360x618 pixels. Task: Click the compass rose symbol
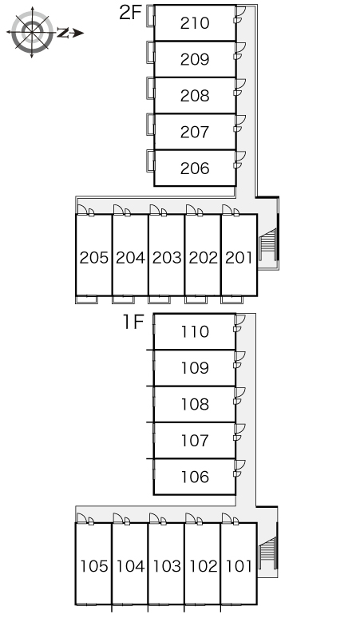[32, 32]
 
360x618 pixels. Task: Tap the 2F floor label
[130, 13]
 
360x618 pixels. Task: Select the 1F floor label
[133, 322]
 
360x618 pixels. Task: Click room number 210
[195, 23]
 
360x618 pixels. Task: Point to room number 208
[195, 95]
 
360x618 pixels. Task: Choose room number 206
[195, 168]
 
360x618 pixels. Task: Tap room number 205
[93, 258]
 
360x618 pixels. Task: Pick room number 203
[167, 258]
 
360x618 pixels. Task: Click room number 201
[239, 258]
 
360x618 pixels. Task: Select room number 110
[195, 331]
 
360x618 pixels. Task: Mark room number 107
[195, 440]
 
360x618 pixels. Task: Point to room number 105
[93, 566]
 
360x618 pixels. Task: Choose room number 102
[204, 566]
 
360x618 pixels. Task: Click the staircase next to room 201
[267, 245]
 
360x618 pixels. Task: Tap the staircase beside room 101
[267, 553]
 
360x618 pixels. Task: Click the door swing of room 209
[240, 47]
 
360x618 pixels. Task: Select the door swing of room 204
[118, 210]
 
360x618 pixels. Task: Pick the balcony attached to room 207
[150, 124]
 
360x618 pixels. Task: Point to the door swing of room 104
[118, 518]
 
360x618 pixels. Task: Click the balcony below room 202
[196, 299]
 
